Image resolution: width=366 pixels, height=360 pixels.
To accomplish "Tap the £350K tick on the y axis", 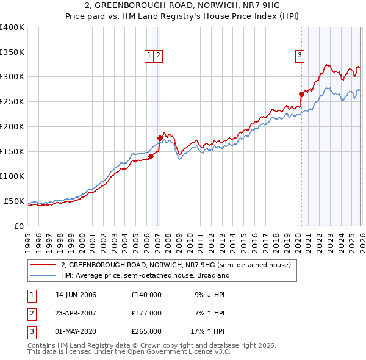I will click(x=12, y=52).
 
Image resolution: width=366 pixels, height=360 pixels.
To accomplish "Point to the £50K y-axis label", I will click(x=14, y=201).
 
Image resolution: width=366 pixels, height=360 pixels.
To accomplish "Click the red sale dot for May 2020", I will click(x=301, y=94).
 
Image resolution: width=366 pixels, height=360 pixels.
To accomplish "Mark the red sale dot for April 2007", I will click(x=160, y=138).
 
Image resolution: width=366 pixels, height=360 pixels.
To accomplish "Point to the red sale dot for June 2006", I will click(x=151, y=156).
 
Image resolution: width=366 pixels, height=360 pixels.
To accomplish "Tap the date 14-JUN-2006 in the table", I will click(x=76, y=295).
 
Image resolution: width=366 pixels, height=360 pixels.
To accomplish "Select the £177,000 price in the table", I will click(x=146, y=313).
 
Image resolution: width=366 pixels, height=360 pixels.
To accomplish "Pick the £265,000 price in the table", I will click(x=146, y=331).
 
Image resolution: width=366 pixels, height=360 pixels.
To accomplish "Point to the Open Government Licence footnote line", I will click(x=129, y=352).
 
